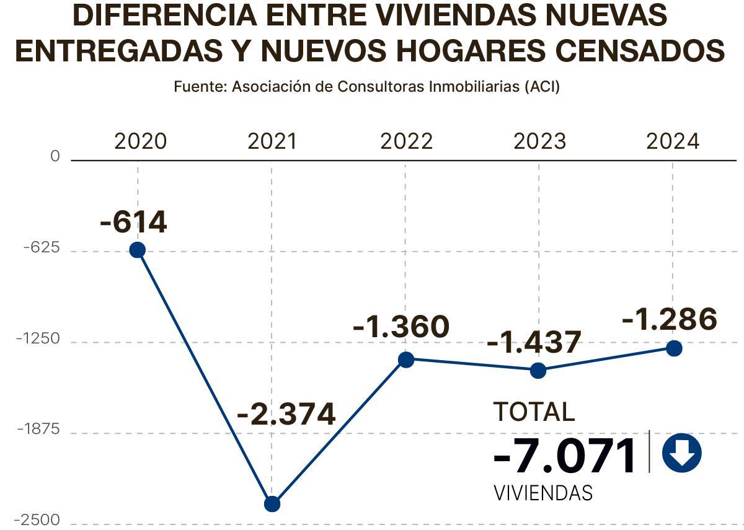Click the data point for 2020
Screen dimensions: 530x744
point(137,250)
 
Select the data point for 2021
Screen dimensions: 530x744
point(272,504)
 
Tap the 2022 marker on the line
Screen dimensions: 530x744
point(406,360)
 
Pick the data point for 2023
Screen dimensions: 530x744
point(538,371)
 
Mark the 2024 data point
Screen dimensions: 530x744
point(674,348)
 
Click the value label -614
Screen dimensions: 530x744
point(133,222)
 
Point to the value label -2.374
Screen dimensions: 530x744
point(286,414)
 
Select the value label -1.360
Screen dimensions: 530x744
point(401,327)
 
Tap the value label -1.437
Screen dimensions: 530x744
point(534,342)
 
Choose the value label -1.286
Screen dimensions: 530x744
point(669,319)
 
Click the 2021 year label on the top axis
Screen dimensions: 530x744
point(272,142)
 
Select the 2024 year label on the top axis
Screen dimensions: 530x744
point(673,142)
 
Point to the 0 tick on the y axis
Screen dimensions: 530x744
point(55,157)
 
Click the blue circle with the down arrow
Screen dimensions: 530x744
point(681,453)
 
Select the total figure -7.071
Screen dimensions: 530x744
point(565,456)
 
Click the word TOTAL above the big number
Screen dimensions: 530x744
point(534,412)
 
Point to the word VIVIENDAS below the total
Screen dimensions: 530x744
point(543,493)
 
